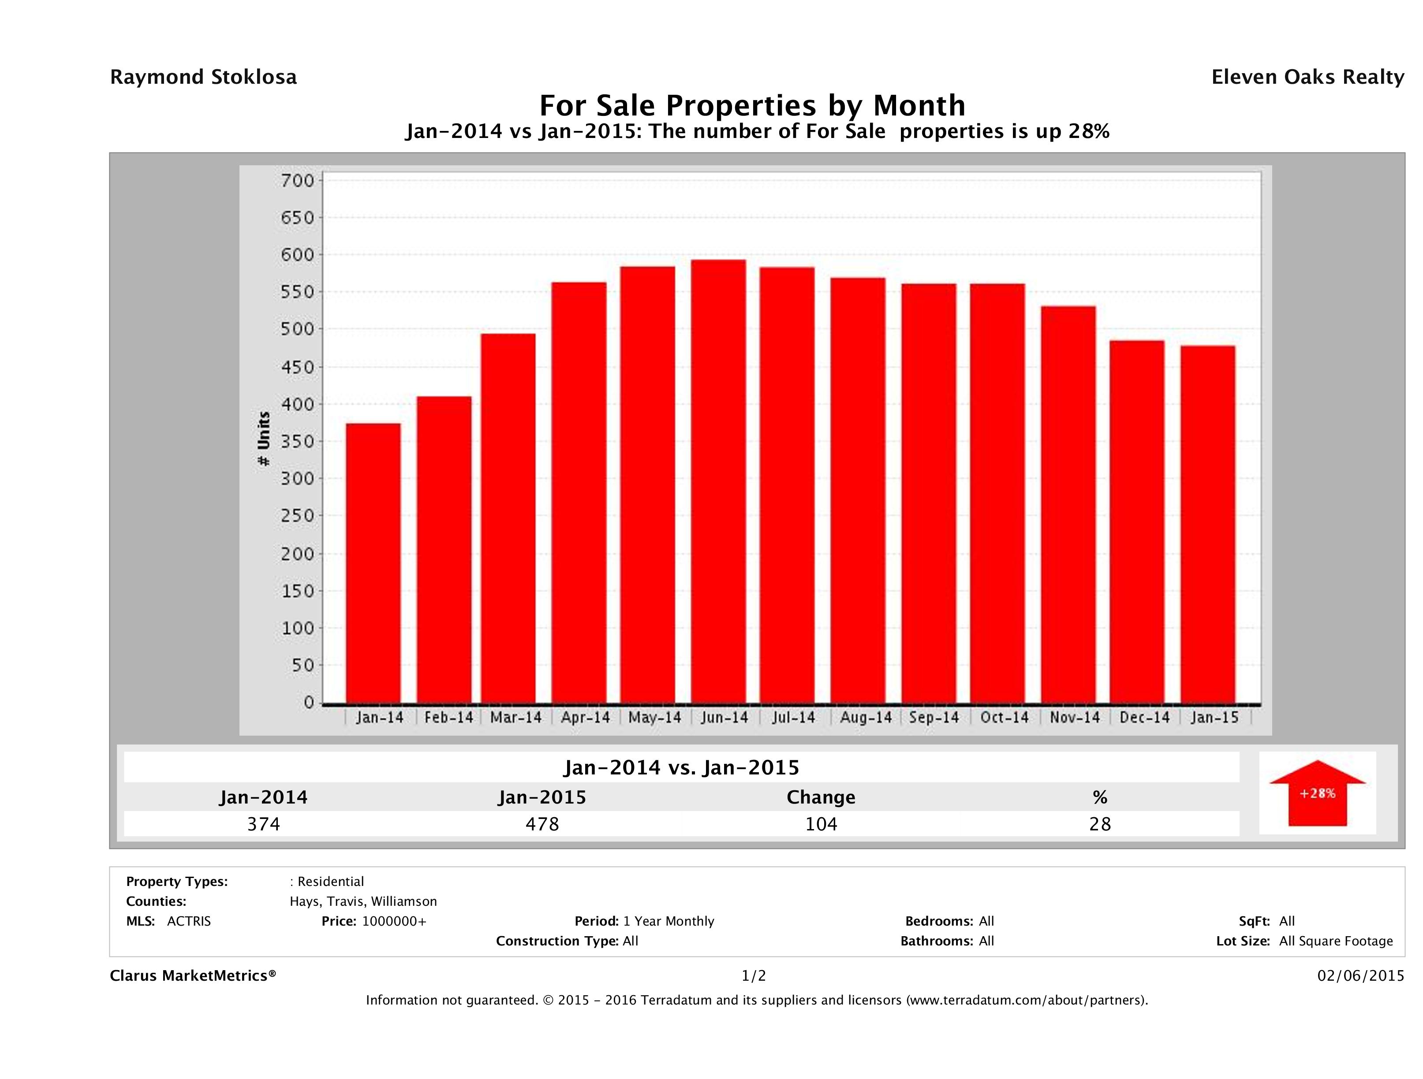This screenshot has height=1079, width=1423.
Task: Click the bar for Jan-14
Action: tap(373, 563)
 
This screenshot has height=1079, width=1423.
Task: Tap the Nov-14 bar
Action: tap(1068, 504)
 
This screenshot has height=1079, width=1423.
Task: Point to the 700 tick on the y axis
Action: tap(297, 181)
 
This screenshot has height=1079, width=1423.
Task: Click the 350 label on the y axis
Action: tap(297, 442)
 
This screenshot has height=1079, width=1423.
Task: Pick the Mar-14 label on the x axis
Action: tap(515, 718)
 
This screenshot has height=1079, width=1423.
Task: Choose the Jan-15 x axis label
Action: tap(1214, 718)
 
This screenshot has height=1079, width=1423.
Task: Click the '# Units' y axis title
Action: tap(264, 439)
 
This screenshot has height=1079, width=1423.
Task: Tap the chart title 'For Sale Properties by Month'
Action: tap(752, 105)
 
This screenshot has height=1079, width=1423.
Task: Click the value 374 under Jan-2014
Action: tap(264, 824)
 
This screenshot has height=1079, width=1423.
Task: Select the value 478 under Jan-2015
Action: tap(542, 824)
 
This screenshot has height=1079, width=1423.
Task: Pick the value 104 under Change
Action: tap(821, 824)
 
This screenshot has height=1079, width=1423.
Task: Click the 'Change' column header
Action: tap(821, 797)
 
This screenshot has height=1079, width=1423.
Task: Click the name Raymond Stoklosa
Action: tap(203, 77)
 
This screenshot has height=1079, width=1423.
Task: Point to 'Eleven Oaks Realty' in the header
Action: tap(1307, 77)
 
